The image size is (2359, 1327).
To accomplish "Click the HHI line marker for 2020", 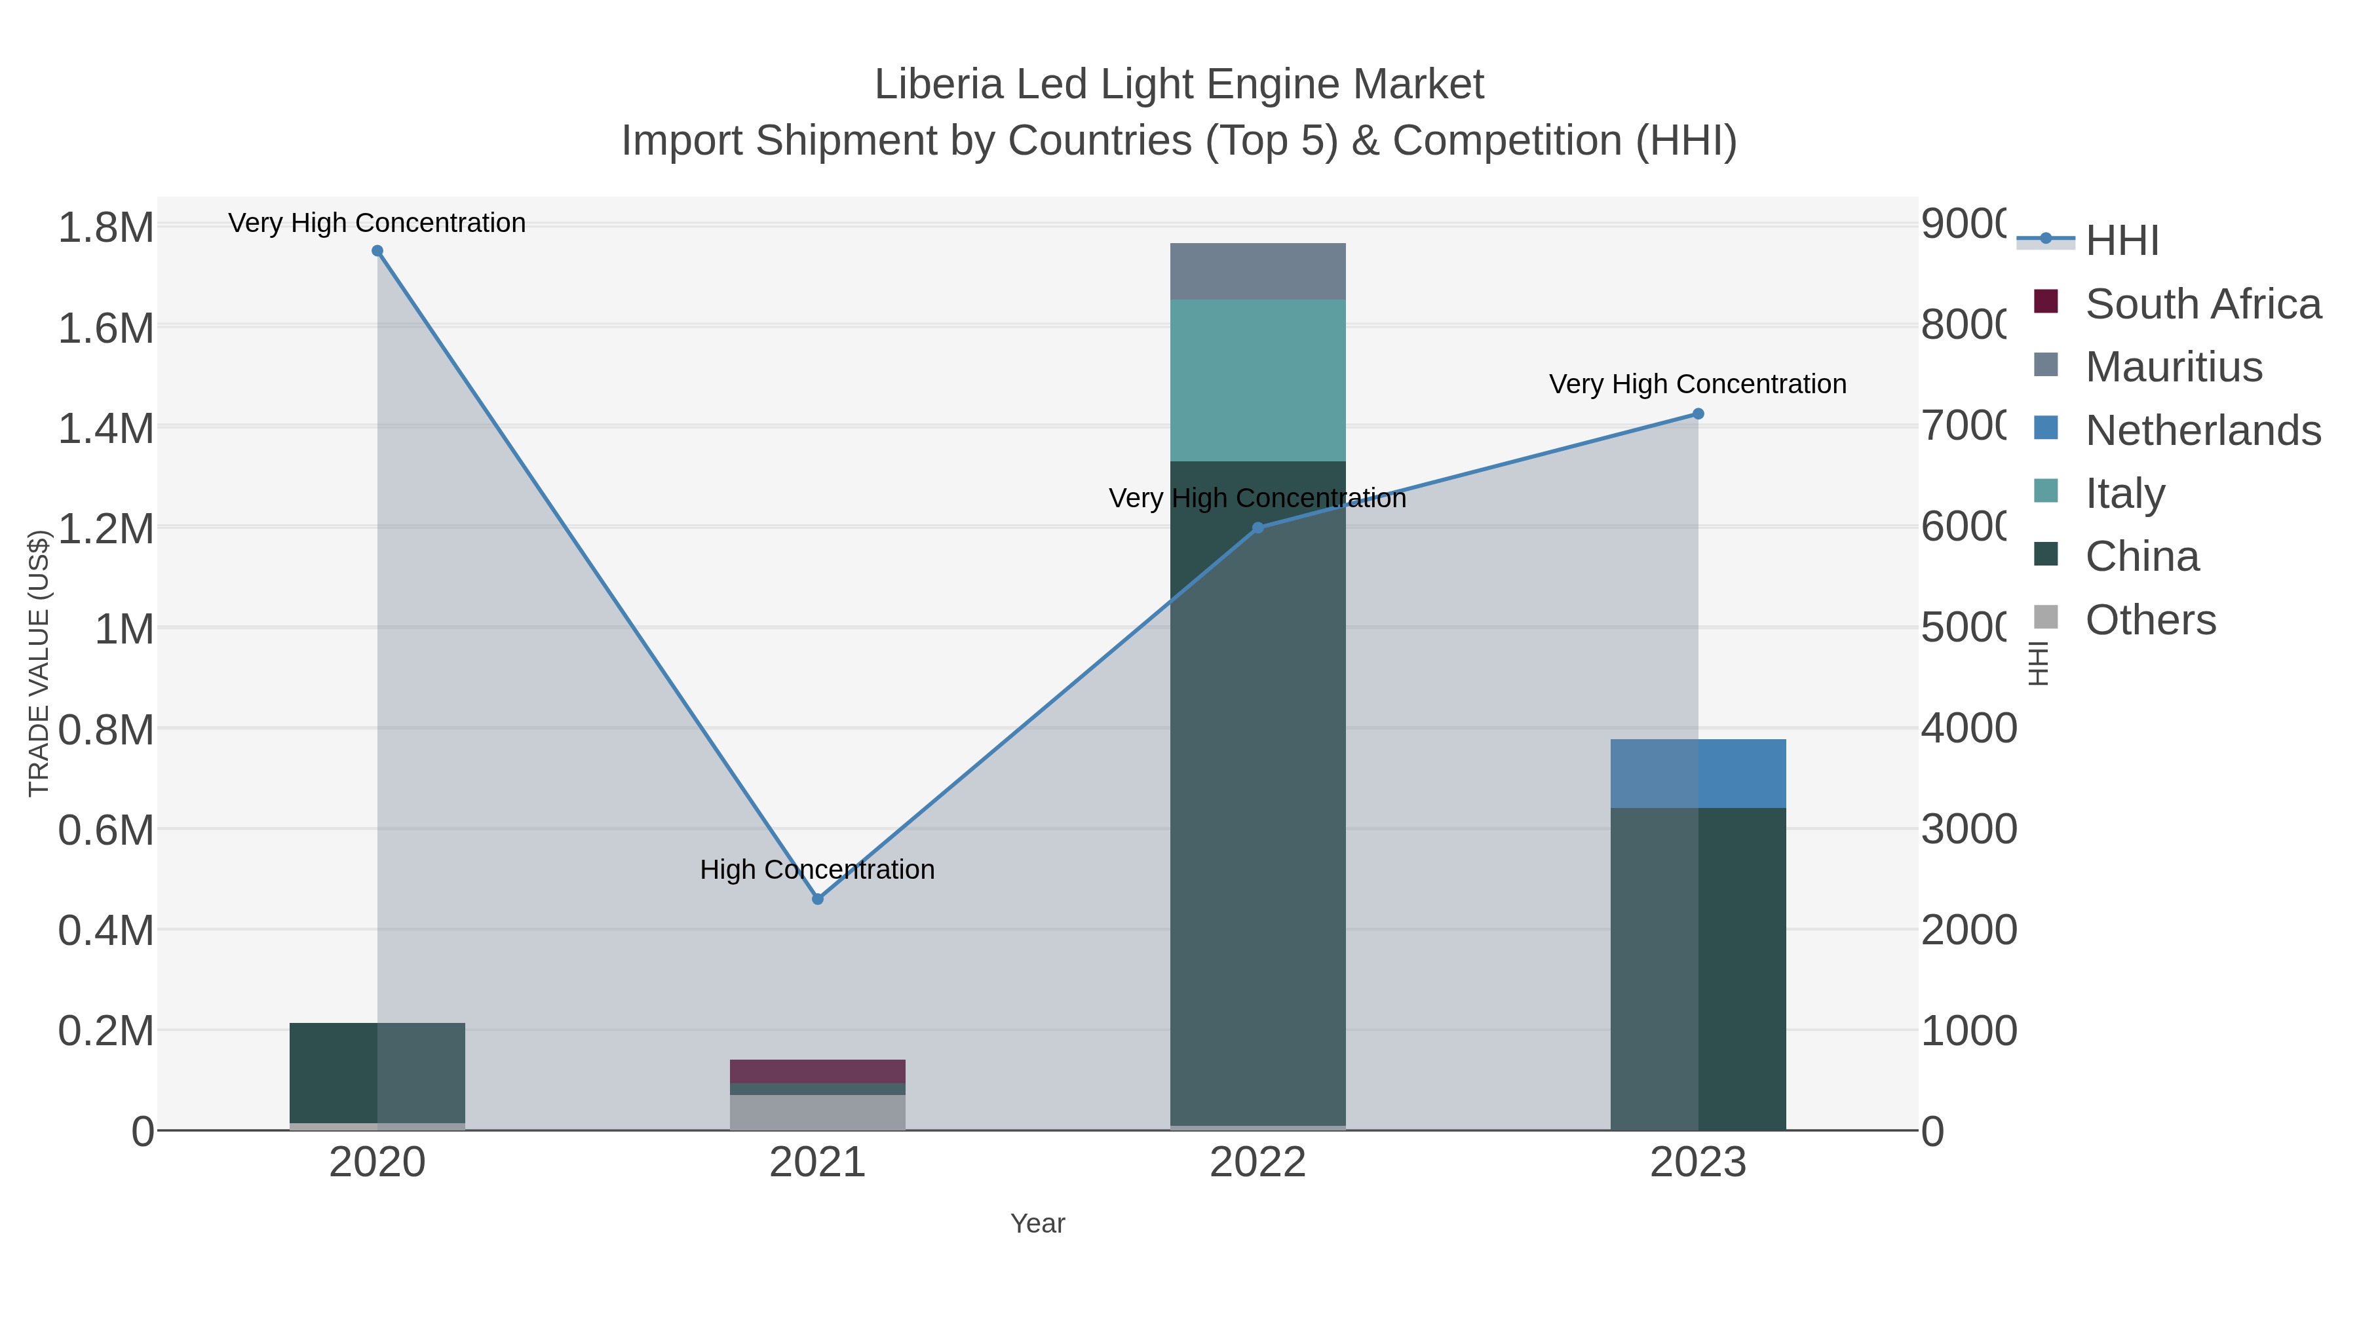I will (x=377, y=251).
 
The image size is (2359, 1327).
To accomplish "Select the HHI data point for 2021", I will (x=818, y=899).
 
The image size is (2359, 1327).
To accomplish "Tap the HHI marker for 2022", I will (x=1257, y=528).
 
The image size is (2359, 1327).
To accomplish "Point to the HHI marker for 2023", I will (x=1698, y=414).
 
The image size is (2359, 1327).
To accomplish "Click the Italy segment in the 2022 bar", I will (x=1257, y=380).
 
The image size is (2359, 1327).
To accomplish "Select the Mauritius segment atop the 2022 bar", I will (x=1257, y=271).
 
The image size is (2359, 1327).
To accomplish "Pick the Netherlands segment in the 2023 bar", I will (x=1698, y=773).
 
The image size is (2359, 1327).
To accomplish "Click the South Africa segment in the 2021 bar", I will (x=818, y=1071).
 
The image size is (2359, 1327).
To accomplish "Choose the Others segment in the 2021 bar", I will (x=818, y=1112).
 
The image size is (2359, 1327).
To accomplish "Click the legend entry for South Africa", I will (x=2202, y=304).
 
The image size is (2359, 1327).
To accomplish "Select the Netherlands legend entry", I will (x=2202, y=431).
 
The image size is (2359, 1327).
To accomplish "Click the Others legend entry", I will (x=2149, y=620).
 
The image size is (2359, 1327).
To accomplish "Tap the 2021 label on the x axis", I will (x=817, y=1163).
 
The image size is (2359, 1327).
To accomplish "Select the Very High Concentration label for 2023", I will (x=1697, y=384).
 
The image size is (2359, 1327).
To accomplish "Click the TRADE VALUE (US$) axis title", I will (x=39, y=663).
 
